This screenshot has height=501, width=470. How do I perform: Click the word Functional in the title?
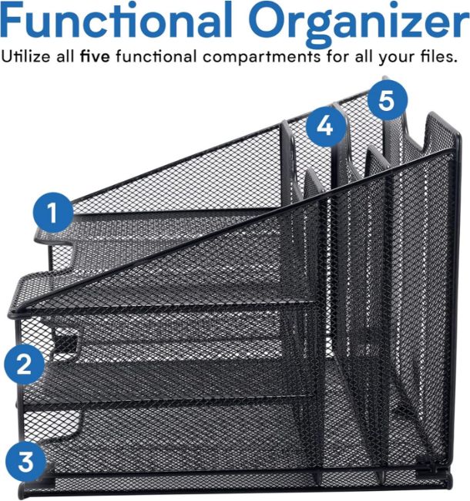pos(116,20)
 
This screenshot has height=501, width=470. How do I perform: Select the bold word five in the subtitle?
pos(95,56)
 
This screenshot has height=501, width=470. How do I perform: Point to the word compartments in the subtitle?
pos(261,58)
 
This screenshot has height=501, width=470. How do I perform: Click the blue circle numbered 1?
pos(53,213)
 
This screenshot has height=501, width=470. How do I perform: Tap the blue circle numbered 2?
pos(24,365)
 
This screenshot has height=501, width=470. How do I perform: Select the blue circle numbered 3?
pos(26,462)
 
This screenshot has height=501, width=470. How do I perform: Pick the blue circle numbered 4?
pos(325,126)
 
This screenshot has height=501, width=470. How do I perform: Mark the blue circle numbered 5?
pos(388,100)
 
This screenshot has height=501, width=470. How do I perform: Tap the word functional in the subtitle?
pos(156,56)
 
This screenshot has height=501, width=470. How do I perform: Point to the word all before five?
pos(65,56)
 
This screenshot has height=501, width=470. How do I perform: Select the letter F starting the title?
pos(12,20)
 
